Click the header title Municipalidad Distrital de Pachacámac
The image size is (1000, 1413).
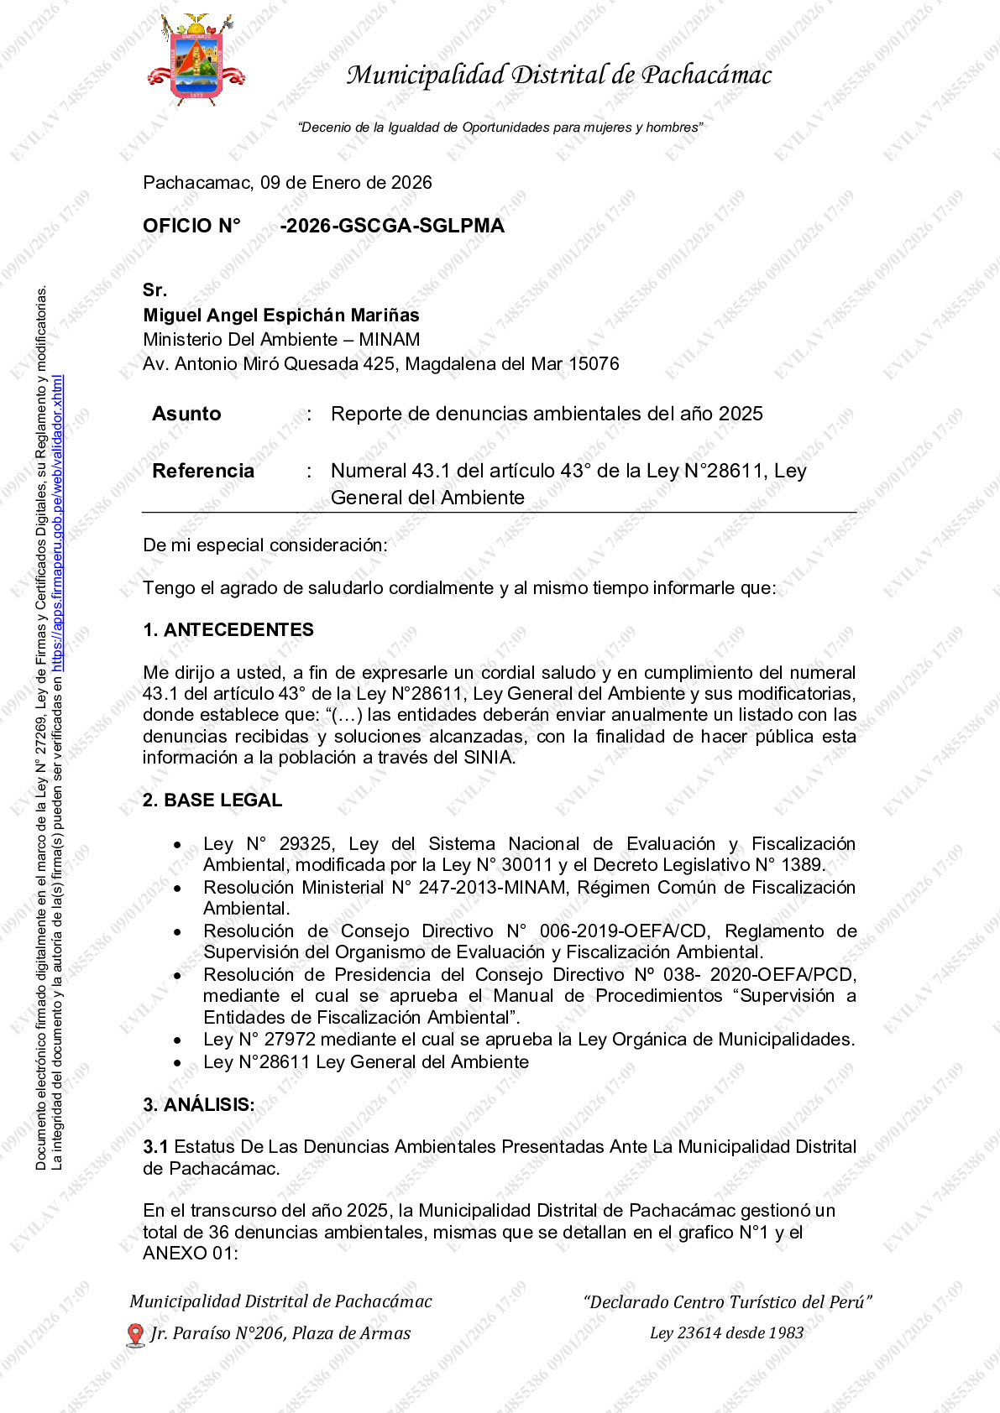pyautogui.click(x=559, y=76)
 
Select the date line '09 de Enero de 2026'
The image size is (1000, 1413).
pyautogui.click(x=346, y=183)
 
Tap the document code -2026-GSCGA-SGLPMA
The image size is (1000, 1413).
pyautogui.click(x=392, y=226)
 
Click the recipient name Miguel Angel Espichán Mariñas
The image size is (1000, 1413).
pyautogui.click(x=281, y=315)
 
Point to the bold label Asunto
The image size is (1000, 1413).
pyautogui.click(x=186, y=414)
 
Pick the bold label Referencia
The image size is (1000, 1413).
pyautogui.click(x=203, y=471)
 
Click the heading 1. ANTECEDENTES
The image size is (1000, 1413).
pyautogui.click(x=228, y=630)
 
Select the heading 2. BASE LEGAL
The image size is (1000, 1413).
pyautogui.click(x=212, y=800)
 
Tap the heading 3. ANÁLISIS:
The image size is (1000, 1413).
pyautogui.click(x=199, y=1105)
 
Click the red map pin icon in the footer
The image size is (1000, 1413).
pyautogui.click(x=134, y=1334)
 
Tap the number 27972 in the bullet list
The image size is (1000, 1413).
pyautogui.click(x=290, y=1040)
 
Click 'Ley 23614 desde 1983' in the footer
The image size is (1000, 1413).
pyautogui.click(x=726, y=1333)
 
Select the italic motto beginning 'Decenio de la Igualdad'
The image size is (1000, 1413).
pyautogui.click(x=500, y=128)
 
